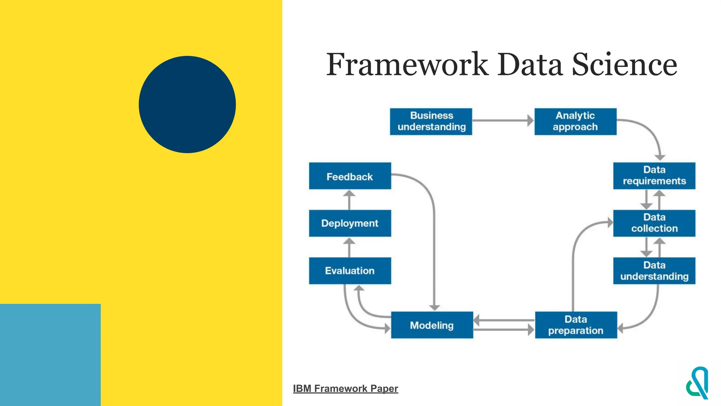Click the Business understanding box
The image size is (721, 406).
coord(431,122)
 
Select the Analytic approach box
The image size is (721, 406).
coord(575,122)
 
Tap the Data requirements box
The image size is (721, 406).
coord(654,176)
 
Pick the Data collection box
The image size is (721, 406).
coord(654,223)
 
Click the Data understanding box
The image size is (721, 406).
coord(654,271)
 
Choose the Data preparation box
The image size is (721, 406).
coord(576,325)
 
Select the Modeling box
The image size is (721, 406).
coord(432,325)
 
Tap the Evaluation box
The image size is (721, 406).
coord(350,271)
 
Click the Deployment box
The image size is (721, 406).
coord(350,223)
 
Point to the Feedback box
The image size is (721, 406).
coord(350,176)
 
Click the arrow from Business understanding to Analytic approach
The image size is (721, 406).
coord(503,121)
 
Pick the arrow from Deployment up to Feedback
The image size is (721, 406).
coord(349,200)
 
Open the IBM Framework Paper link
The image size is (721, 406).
coord(345,388)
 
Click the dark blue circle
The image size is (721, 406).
coord(187,104)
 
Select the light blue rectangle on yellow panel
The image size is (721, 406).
coord(50,355)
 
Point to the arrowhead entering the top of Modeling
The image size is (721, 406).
coord(434,307)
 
